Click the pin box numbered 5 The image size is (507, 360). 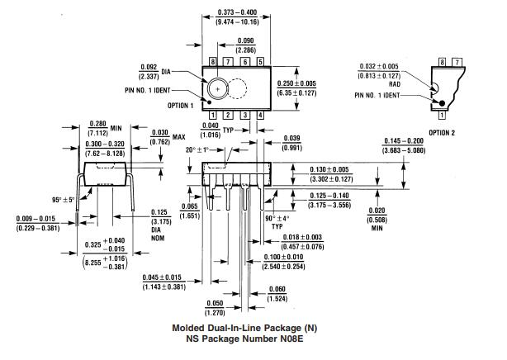tap(260, 62)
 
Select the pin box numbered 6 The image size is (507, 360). tap(244, 62)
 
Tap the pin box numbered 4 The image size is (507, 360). tap(260, 115)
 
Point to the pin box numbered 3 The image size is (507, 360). tap(244, 115)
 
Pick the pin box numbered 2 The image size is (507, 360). tap(229, 115)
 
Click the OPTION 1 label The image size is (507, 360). tap(180, 106)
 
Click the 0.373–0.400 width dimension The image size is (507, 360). tap(236, 12)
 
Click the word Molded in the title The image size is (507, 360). tap(192, 328)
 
